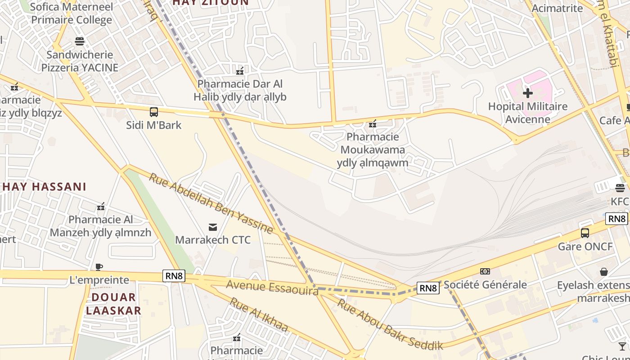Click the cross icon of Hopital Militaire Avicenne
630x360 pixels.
click(528, 93)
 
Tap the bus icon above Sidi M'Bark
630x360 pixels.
click(154, 112)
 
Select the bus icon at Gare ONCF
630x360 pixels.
click(585, 233)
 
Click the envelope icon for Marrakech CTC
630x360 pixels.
click(213, 227)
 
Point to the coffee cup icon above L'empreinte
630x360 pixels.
click(99, 267)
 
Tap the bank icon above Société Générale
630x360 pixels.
click(485, 271)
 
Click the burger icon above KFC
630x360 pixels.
click(620, 188)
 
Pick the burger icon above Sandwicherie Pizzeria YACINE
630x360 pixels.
click(80, 41)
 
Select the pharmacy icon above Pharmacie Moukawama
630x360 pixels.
click(373, 123)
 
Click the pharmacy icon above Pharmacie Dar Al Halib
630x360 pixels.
click(240, 71)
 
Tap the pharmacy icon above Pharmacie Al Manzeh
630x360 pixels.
click(101, 207)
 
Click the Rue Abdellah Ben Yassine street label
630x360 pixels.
click(211, 203)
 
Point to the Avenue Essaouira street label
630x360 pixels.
click(272, 288)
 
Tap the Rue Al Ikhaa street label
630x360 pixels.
click(258, 314)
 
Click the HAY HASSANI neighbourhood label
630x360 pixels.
click(45, 187)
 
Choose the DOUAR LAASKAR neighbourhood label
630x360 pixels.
click(113, 304)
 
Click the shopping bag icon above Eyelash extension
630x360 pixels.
click(604, 272)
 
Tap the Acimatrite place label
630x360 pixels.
click(558, 8)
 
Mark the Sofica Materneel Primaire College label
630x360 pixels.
click(71, 13)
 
